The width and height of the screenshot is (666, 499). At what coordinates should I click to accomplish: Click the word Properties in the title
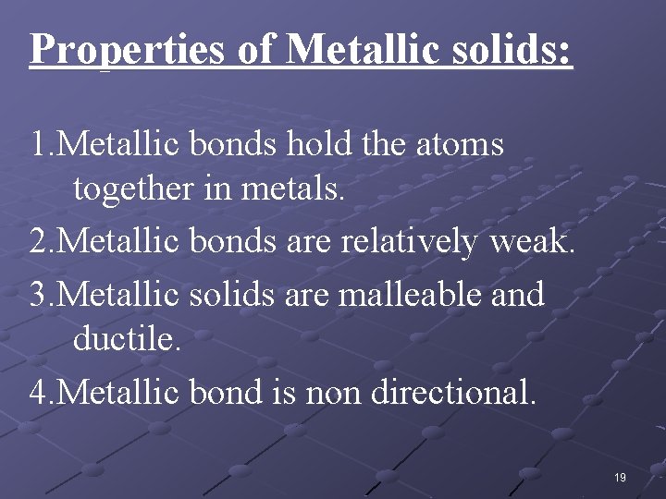click(127, 49)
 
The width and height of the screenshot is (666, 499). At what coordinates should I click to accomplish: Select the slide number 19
click(620, 478)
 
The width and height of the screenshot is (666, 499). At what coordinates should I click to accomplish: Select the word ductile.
click(126, 342)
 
